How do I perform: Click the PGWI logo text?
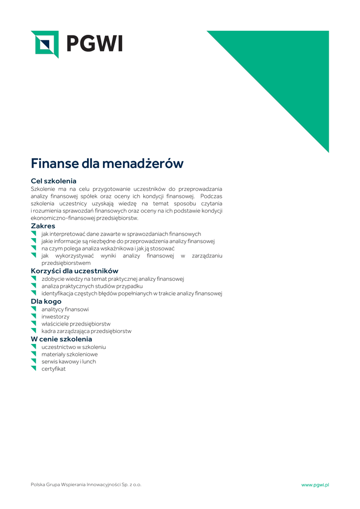click(94, 44)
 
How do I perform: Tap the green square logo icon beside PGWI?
click(45, 44)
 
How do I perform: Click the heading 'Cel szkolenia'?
click(54, 181)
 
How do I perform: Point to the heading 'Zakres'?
click(43, 226)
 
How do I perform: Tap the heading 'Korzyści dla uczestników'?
click(75, 271)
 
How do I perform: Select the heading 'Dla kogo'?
click(46, 301)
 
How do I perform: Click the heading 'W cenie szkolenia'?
click(61, 339)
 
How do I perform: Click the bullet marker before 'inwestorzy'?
click(34, 316)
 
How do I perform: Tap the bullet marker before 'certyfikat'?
click(34, 368)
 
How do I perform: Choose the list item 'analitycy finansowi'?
click(65, 309)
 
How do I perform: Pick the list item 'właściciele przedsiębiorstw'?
click(76, 324)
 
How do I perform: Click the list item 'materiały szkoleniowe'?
click(70, 354)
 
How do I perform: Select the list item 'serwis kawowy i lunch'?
click(69, 361)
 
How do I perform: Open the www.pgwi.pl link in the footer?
click(315, 485)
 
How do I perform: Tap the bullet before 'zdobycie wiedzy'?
click(34, 279)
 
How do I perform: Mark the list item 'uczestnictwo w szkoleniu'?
click(74, 347)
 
